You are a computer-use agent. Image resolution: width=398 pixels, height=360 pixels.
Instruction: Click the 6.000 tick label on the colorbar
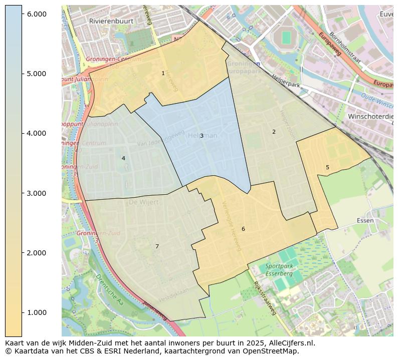pyautogui.click(x=37, y=14)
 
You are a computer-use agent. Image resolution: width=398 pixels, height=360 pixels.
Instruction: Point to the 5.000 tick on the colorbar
pyautogui.click(x=37, y=74)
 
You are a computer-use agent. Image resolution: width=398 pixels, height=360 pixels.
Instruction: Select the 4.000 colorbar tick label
pyautogui.click(x=37, y=133)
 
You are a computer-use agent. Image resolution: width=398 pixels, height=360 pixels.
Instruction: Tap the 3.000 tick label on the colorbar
pyautogui.click(x=37, y=193)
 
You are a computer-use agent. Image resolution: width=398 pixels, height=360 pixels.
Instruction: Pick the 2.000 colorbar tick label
pyautogui.click(x=37, y=253)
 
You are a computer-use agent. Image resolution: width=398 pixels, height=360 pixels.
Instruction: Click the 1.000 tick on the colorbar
pyautogui.click(x=37, y=312)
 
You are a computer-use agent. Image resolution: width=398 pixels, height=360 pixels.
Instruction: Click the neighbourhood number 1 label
pyautogui.click(x=163, y=73)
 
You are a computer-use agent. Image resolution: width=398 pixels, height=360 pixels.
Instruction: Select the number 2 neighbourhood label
pyautogui.click(x=274, y=132)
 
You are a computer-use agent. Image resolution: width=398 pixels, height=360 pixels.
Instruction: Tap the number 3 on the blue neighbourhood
pyautogui.click(x=202, y=136)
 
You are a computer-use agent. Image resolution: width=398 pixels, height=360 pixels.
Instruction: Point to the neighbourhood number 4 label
pyautogui.click(x=123, y=158)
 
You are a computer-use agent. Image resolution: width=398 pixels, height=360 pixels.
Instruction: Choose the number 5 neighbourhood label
pyautogui.click(x=327, y=167)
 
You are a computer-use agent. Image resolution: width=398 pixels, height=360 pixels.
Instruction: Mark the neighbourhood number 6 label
pyautogui.click(x=243, y=229)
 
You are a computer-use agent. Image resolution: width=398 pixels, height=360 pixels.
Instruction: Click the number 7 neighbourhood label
pyautogui.click(x=157, y=246)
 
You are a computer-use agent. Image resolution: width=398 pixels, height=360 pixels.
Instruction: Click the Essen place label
pyautogui.click(x=365, y=220)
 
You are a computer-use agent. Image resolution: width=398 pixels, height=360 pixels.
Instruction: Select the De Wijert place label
pyautogui.click(x=143, y=202)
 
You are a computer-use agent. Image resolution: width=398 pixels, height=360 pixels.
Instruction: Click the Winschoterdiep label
pyautogui.click(x=370, y=116)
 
